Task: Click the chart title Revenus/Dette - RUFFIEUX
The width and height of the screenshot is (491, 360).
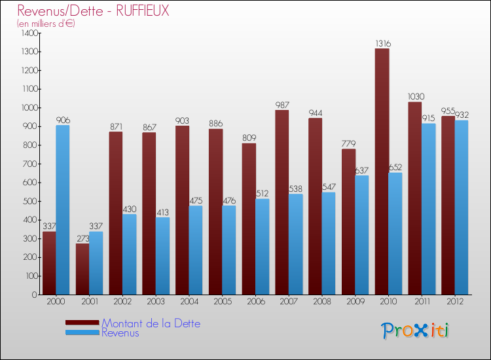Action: click(x=93, y=11)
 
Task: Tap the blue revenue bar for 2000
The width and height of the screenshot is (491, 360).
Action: click(x=63, y=209)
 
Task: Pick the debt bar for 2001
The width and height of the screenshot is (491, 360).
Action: click(x=82, y=269)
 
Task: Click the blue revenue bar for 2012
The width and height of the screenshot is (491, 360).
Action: click(x=462, y=207)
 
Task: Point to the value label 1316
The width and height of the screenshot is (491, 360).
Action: click(x=383, y=44)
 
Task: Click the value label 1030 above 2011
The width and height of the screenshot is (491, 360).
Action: click(x=415, y=97)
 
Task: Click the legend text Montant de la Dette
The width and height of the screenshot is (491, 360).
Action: click(x=151, y=323)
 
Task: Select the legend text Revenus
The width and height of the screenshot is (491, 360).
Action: click(x=120, y=333)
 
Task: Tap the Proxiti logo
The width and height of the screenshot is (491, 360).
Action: click(x=416, y=331)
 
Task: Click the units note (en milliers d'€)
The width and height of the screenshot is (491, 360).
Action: click(x=46, y=24)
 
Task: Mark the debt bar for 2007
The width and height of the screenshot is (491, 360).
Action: click(x=282, y=202)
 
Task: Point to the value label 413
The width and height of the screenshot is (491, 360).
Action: click(x=162, y=213)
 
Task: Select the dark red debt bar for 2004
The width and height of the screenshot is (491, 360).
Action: click(x=183, y=210)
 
